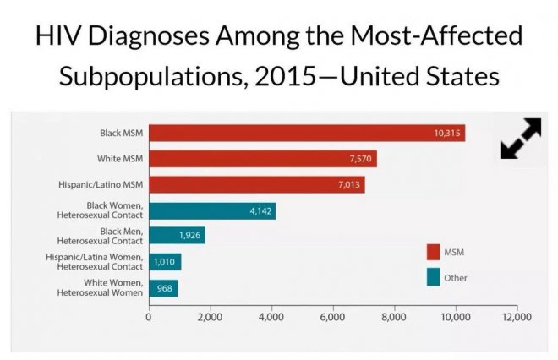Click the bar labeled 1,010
click(x=165, y=261)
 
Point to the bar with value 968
click(x=163, y=287)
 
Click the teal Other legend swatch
click(x=433, y=277)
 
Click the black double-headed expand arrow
click(x=520, y=139)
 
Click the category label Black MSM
click(x=119, y=133)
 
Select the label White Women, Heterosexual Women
click(x=99, y=287)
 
